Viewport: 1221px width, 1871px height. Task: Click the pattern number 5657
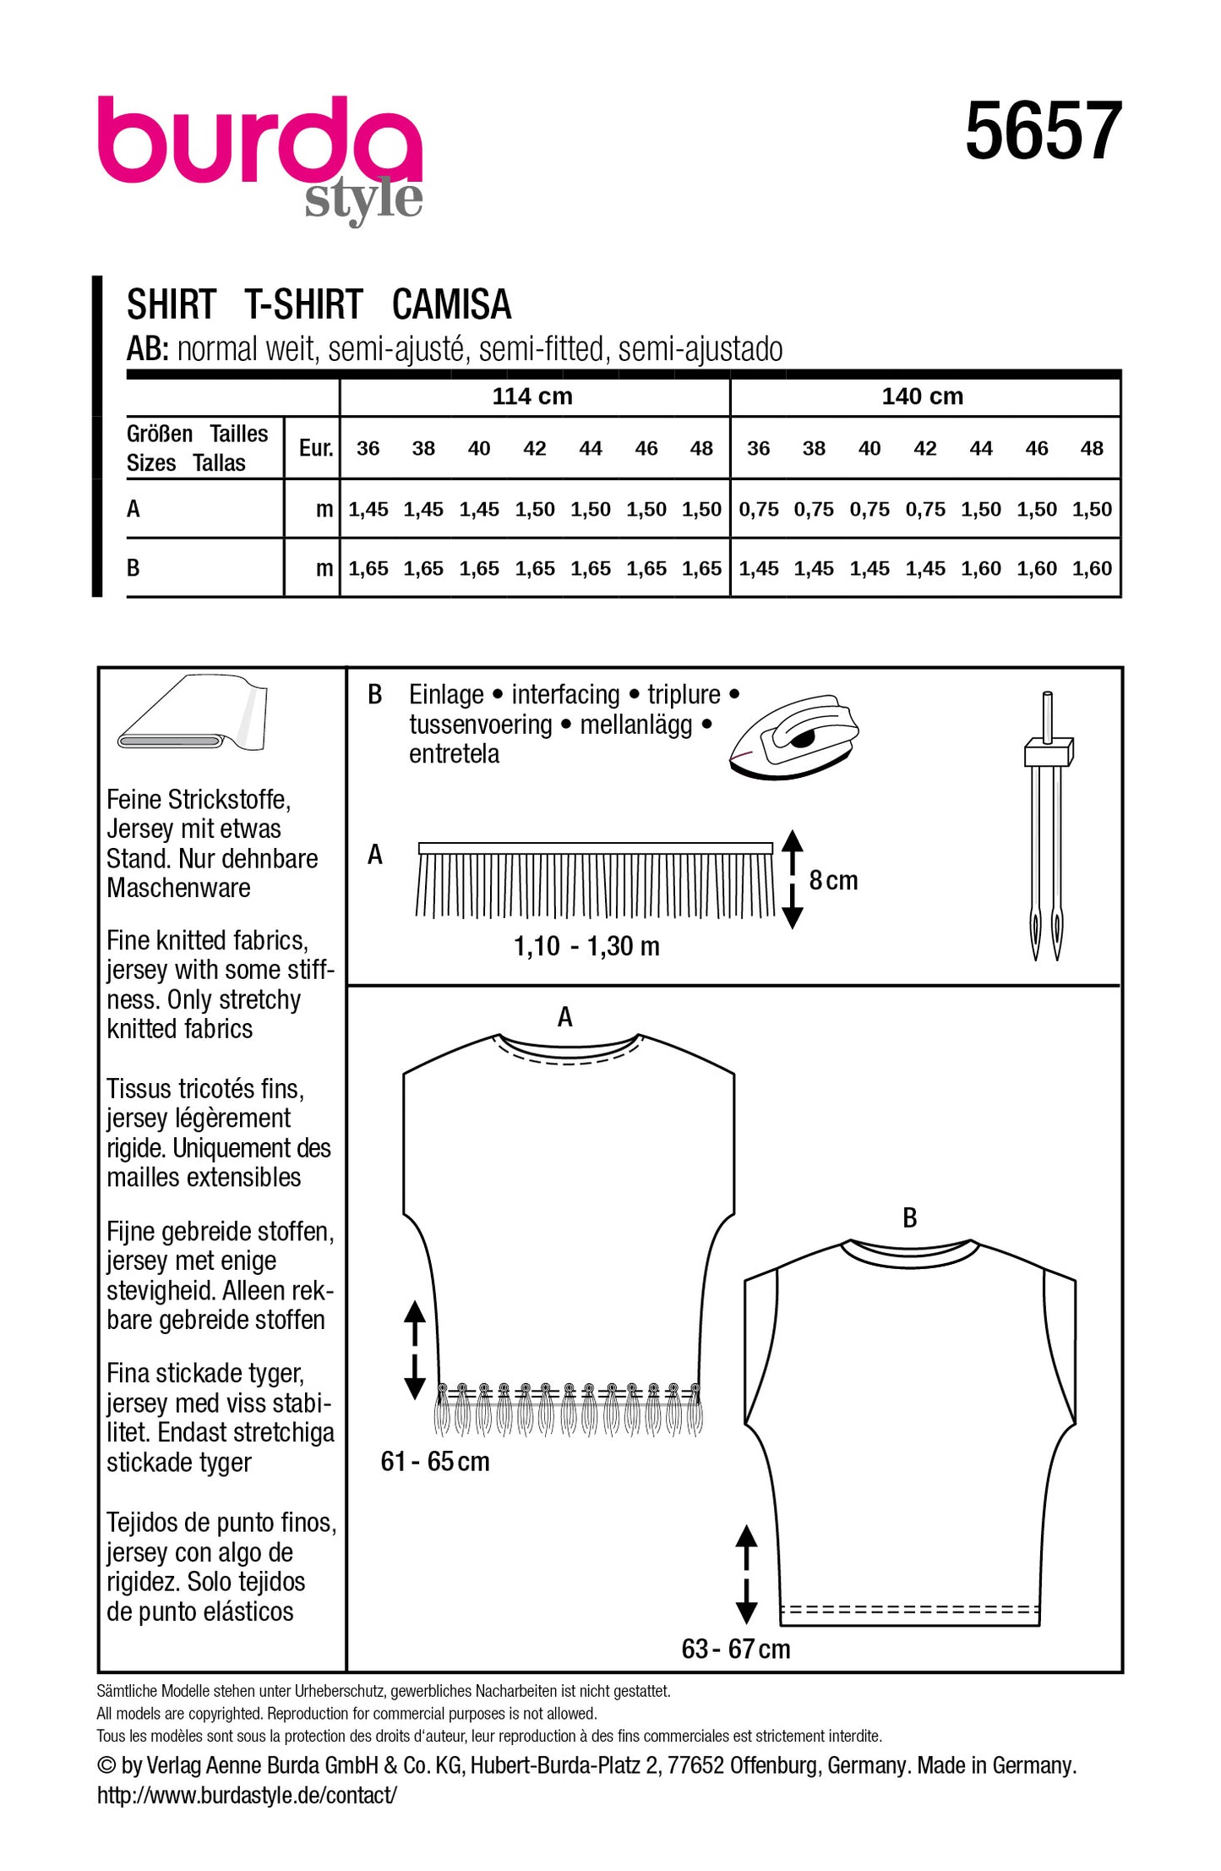(1043, 132)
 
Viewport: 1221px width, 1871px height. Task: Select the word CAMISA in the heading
(451, 305)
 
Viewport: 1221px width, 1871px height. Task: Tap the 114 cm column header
(532, 397)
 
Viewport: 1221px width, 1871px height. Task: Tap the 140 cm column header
(922, 397)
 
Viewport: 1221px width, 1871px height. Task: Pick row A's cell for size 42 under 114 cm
(534, 510)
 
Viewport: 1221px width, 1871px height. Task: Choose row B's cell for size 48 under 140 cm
(1092, 569)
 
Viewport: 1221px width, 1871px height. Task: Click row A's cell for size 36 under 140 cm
(758, 510)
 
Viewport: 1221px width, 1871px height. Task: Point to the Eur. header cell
(315, 448)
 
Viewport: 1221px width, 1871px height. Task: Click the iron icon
(793, 736)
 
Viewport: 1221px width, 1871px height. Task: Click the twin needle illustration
(1047, 824)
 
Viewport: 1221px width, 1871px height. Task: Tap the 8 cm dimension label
(832, 881)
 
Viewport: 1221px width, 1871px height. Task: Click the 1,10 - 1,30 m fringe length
(586, 946)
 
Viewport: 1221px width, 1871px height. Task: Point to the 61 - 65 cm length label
(434, 1461)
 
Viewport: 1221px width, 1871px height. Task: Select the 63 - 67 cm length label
(735, 1649)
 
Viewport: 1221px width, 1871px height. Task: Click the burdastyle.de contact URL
(247, 1795)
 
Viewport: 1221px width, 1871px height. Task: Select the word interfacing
(565, 695)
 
